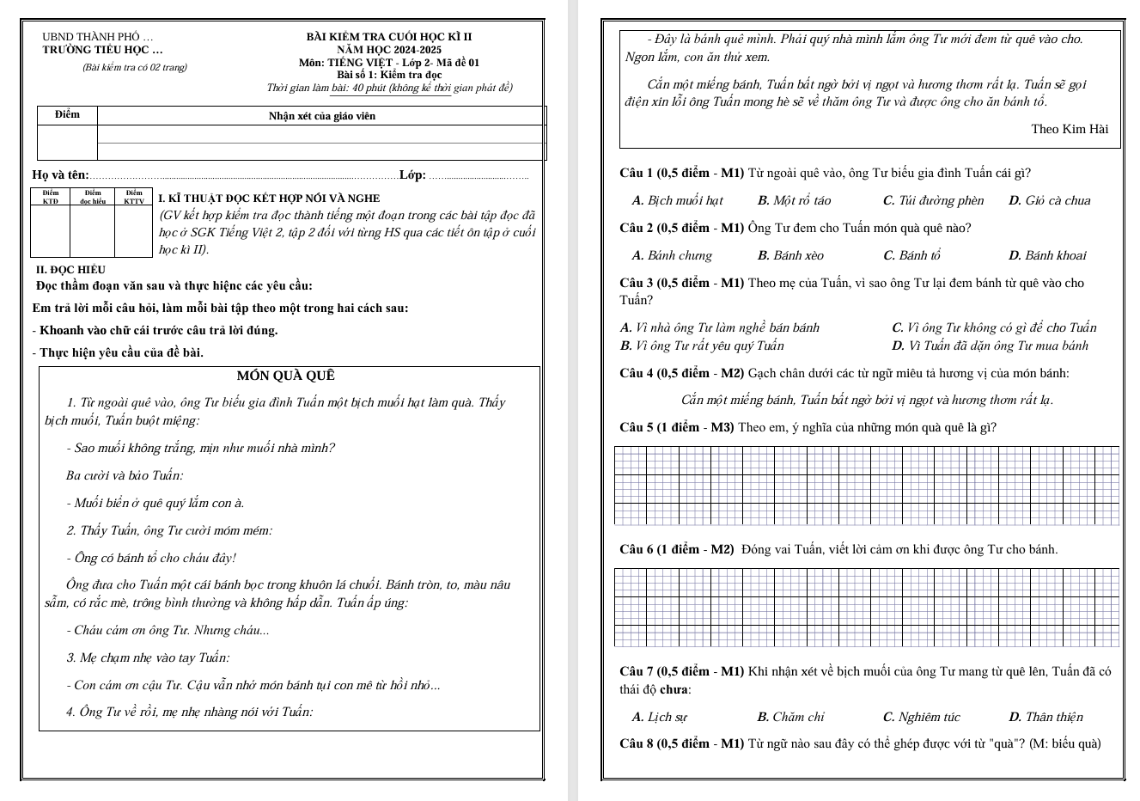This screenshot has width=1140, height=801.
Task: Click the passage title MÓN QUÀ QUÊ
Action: [x=285, y=376]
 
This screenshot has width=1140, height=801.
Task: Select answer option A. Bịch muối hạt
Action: [x=677, y=201]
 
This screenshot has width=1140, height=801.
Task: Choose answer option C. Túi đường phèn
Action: [x=933, y=201]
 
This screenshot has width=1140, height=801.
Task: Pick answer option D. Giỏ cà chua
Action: [x=1049, y=201]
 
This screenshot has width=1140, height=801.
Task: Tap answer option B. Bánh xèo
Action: [x=790, y=256]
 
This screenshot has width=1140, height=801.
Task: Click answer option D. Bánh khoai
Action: [x=1047, y=256]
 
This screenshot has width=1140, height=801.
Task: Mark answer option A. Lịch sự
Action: [x=659, y=718]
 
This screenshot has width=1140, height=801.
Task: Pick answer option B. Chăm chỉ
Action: [x=790, y=718]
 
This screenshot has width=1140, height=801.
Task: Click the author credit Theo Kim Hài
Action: [x=1070, y=130]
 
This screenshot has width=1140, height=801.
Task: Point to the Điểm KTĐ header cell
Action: [x=51, y=198]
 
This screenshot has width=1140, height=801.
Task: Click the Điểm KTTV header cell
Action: [x=134, y=198]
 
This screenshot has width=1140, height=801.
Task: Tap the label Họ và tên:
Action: [x=60, y=175]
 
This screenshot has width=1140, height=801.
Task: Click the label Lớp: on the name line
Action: [x=412, y=175]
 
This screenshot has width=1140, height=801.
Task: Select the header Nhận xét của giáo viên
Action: [x=321, y=116]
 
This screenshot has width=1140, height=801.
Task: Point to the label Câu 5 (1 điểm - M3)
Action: [x=676, y=428]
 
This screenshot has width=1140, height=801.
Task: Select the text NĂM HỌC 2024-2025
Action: [x=389, y=51]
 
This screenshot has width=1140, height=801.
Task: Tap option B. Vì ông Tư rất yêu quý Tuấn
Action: [x=702, y=346]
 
